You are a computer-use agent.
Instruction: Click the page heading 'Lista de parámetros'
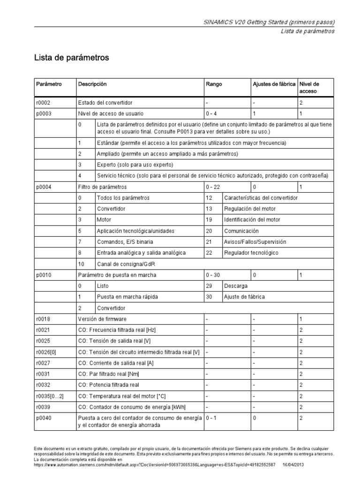click(x=72, y=58)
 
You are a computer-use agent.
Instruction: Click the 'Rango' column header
click(x=214, y=84)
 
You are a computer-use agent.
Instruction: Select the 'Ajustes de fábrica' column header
click(x=274, y=84)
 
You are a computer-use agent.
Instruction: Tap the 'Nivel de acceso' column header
click(x=309, y=88)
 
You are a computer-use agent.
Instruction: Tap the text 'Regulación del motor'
click(x=250, y=209)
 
